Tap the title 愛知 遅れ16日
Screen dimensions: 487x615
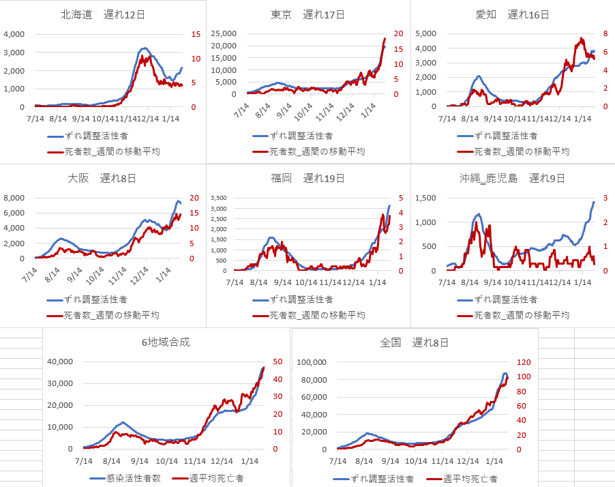[512, 14]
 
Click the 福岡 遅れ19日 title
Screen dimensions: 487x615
[307, 179]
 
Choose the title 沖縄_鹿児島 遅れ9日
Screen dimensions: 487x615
[512, 179]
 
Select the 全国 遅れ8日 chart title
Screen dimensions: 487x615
[414, 342]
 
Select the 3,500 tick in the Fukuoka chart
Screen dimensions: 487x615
[223, 198]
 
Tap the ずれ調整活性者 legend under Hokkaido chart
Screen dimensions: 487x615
[95, 136]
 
